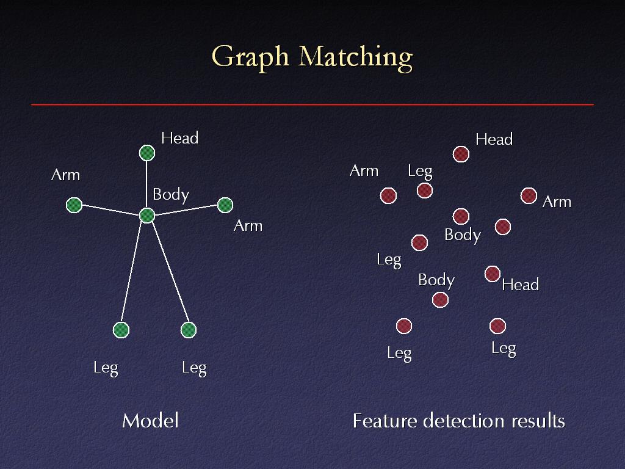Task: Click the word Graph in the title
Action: (250, 57)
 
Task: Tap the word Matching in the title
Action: (356, 57)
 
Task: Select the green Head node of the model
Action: (147, 153)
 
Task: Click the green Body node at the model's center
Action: (147, 216)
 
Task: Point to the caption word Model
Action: (150, 421)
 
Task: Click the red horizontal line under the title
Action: (312, 104)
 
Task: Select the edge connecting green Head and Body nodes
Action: (146, 184)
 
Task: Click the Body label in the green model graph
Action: (171, 195)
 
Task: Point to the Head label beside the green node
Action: (180, 139)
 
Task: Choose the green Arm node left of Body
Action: (74, 205)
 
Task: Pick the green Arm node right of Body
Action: (225, 205)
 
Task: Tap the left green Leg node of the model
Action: (121, 330)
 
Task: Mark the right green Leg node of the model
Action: (189, 330)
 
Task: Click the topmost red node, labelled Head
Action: (461, 154)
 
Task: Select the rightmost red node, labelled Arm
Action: (529, 195)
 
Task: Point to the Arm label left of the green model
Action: (66, 175)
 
